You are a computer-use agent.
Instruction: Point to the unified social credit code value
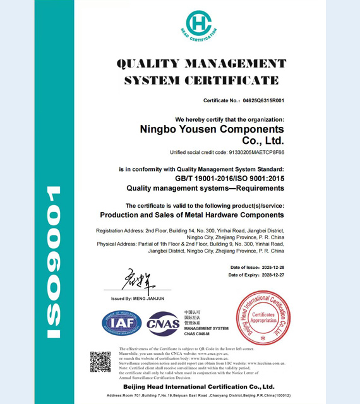click(x=251, y=153)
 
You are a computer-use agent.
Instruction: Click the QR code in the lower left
click(x=100, y=362)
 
